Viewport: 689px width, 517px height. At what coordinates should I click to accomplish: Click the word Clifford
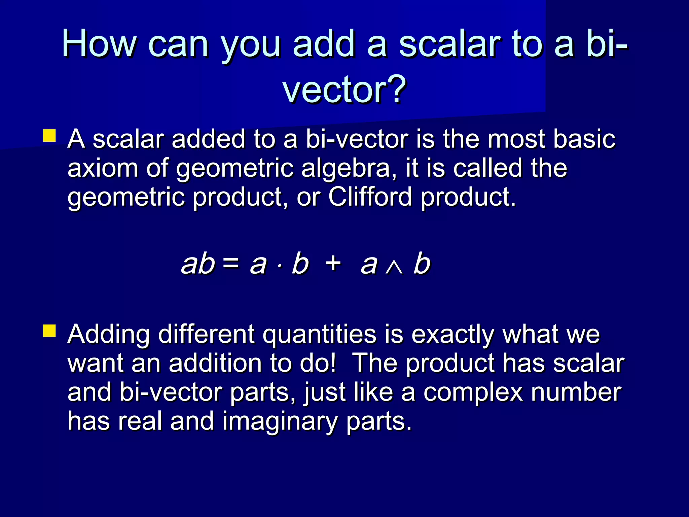[x=370, y=197]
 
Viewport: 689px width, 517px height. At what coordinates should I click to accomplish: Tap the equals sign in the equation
[x=231, y=263]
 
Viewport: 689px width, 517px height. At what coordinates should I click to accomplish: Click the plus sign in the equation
[x=333, y=263]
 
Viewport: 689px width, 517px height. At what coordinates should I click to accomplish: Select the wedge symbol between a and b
[x=395, y=268]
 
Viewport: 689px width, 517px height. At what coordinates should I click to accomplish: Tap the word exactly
[x=453, y=335]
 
